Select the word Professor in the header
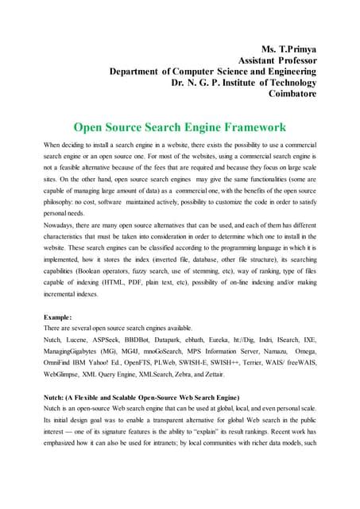pos(291,60)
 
